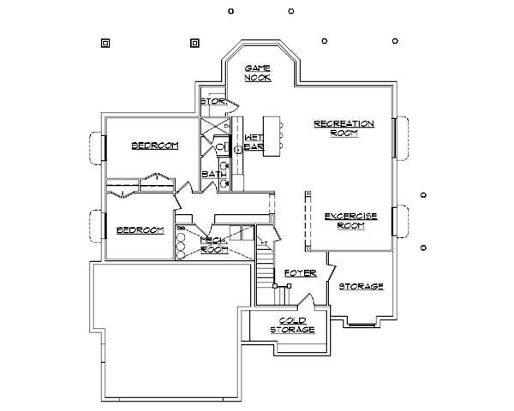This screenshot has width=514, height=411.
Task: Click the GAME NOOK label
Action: [258, 72]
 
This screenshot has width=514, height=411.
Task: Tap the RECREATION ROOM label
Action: [344, 128]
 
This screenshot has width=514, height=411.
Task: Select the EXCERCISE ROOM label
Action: [350, 220]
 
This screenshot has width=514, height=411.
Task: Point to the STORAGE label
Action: [361, 286]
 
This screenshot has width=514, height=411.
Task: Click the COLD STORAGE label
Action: [292, 325]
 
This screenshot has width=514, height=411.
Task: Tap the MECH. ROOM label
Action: [214, 245]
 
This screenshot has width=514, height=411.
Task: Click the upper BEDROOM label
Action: [155, 146]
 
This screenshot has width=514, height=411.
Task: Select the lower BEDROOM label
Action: [140, 229]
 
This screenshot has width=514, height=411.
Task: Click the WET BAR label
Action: [253, 142]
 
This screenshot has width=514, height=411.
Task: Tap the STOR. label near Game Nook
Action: [212, 102]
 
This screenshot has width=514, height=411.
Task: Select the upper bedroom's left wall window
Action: [97, 147]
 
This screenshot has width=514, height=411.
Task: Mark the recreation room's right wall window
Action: [400, 139]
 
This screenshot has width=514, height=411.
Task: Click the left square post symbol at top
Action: [105, 40]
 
